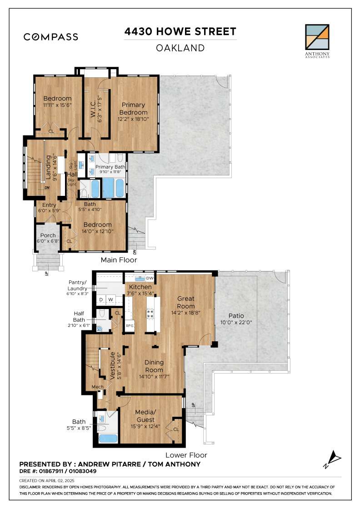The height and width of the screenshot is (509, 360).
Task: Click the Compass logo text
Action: coord(50,37)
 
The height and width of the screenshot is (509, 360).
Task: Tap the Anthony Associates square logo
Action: coord(317,37)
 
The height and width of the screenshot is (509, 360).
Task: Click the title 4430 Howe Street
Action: coord(180,31)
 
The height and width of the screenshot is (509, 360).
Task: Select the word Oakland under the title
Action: coord(180,48)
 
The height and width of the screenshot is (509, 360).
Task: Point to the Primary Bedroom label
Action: coord(133,109)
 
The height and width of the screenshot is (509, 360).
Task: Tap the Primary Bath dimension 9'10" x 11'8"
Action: coord(110,172)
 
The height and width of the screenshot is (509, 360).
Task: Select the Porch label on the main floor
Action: coord(48,235)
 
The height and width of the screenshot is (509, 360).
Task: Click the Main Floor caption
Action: coord(119,259)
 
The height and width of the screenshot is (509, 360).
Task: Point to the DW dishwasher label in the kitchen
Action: coord(150,278)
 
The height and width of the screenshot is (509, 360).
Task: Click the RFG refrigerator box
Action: coord(130,325)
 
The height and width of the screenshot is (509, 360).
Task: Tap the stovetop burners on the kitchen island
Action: coord(150,314)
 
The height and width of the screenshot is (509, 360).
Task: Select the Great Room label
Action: coord(185,302)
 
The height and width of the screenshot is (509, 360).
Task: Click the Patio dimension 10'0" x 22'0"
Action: coord(236,322)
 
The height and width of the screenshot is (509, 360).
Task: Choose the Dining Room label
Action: coord(154,366)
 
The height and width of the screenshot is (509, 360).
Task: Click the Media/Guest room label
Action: coord(145,416)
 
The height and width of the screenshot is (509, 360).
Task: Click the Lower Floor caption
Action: coord(186,455)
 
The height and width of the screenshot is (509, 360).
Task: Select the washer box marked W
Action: coord(111,299)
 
